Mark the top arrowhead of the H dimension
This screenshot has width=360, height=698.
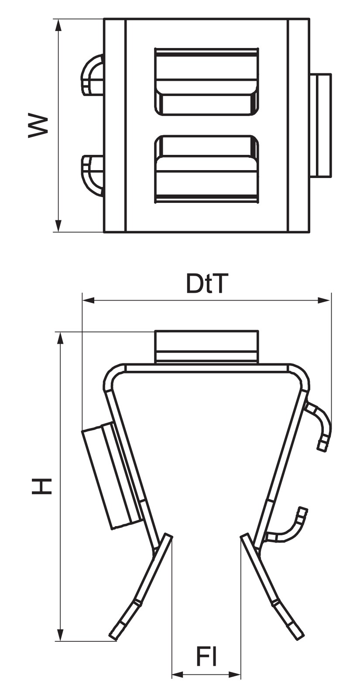61,339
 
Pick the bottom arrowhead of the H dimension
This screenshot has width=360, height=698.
61,626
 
